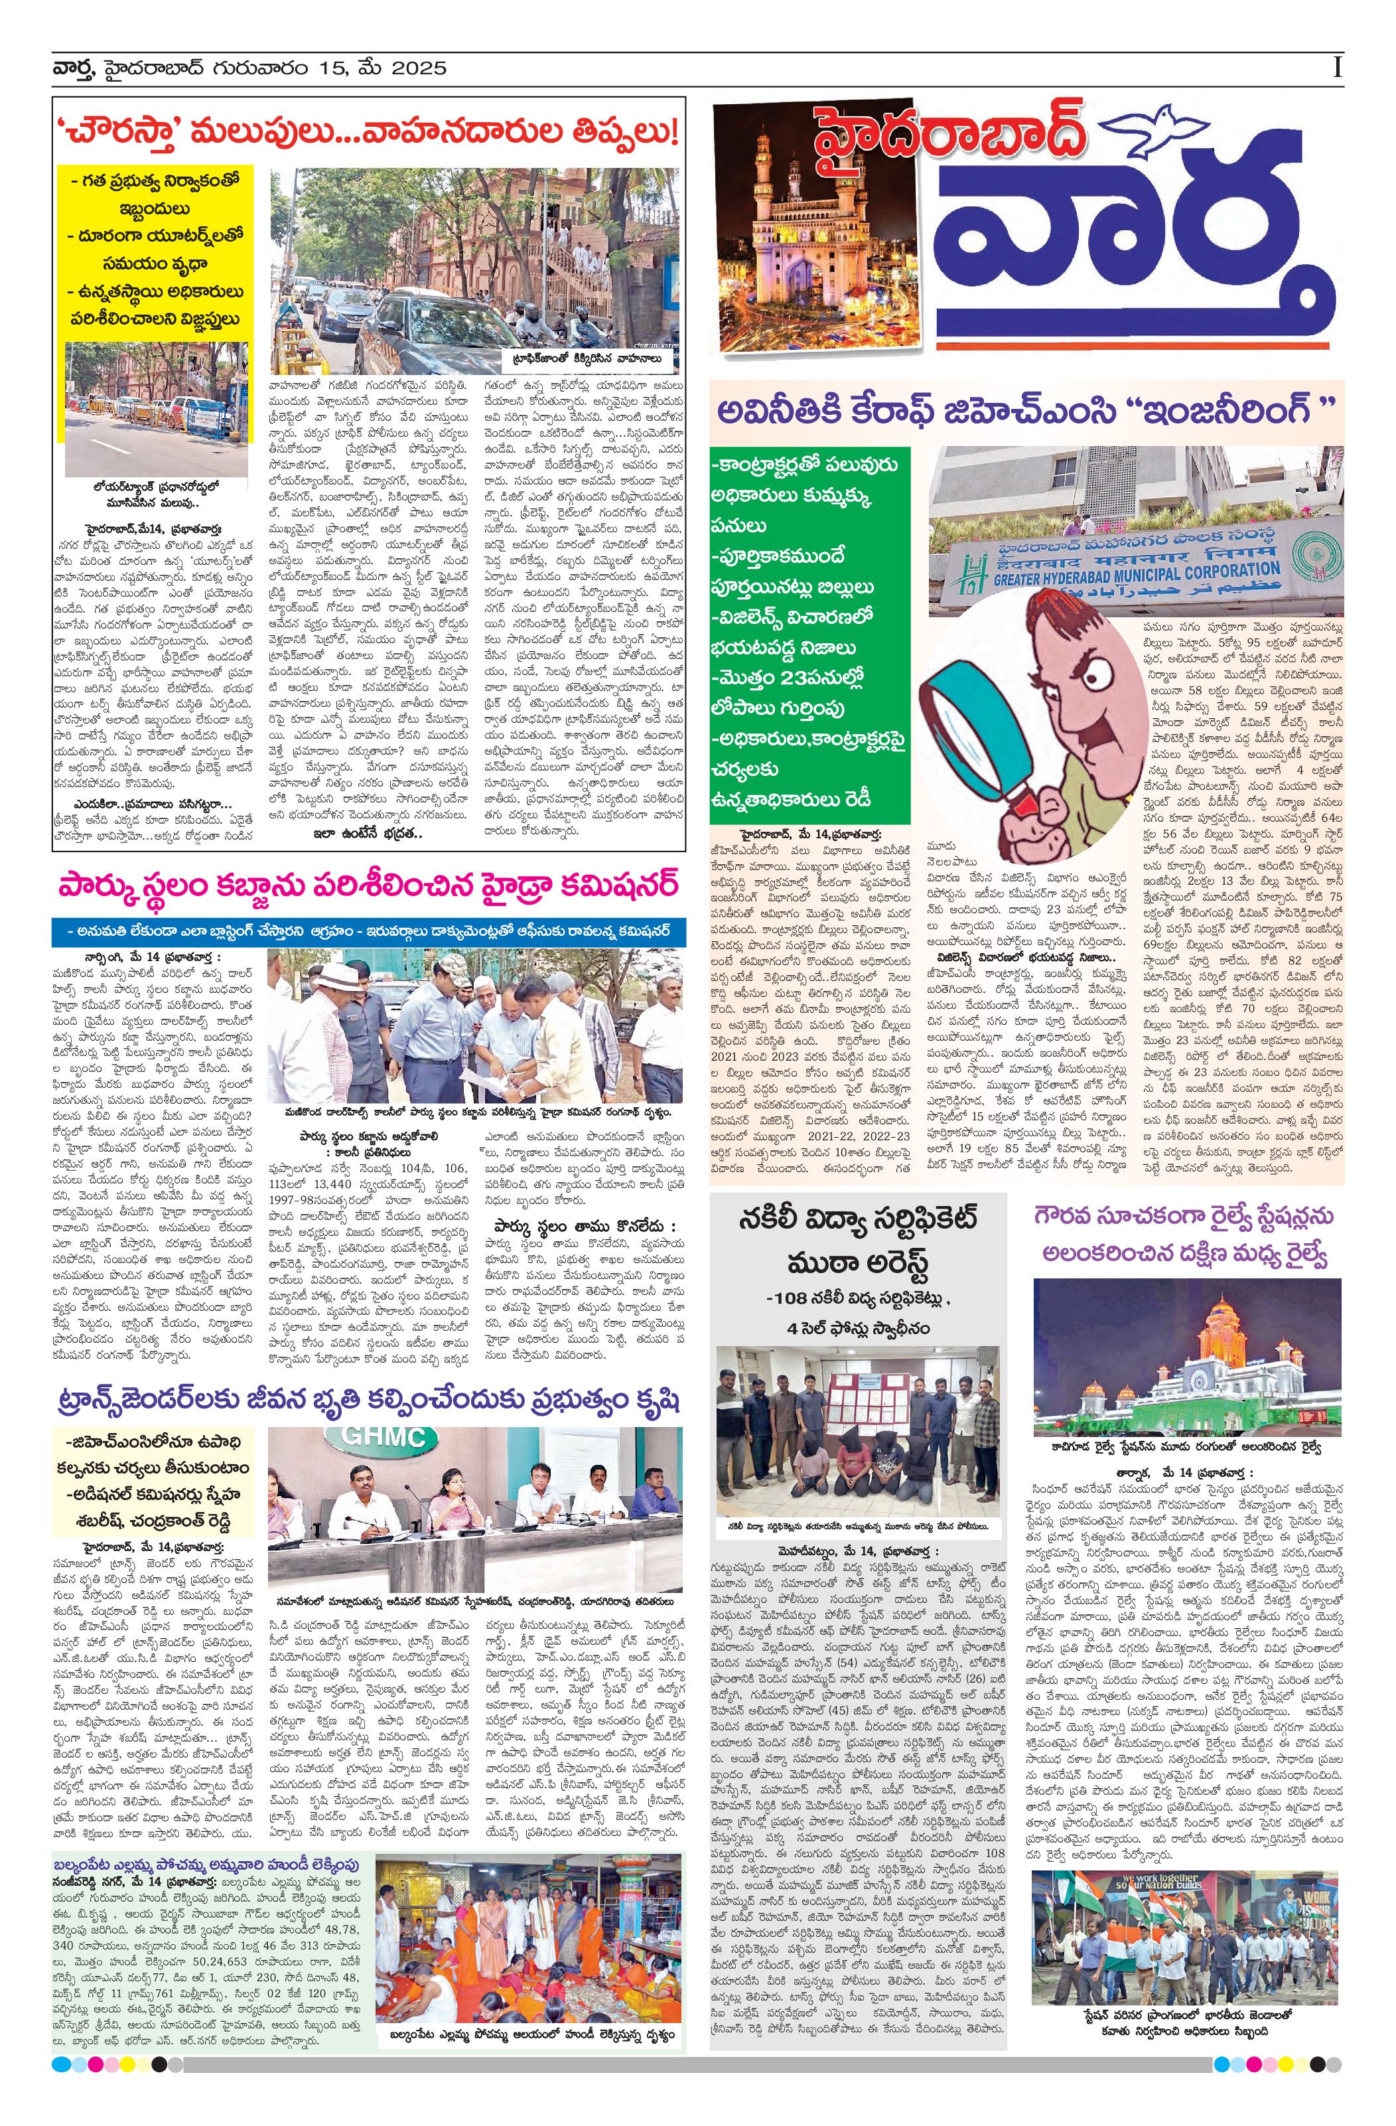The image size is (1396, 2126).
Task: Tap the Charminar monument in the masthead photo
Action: point(798,223)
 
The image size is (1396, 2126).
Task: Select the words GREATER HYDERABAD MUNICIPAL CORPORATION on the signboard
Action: point(1136,573)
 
